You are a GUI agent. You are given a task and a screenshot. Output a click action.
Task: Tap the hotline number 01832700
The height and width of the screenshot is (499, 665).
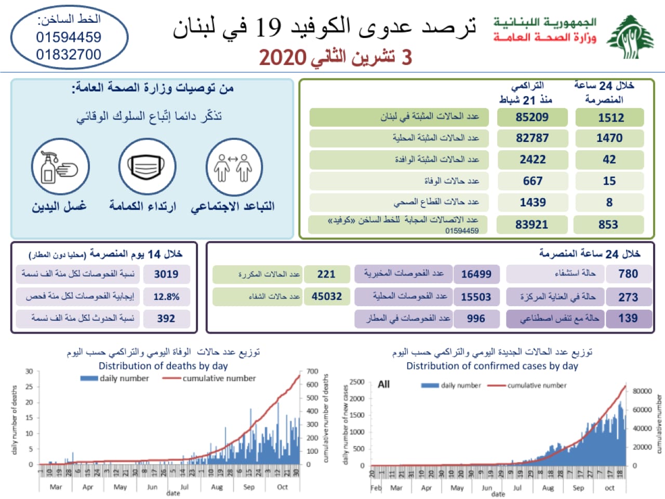[69, 54]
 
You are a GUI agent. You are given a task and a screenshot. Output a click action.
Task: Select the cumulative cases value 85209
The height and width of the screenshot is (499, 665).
[532, 117]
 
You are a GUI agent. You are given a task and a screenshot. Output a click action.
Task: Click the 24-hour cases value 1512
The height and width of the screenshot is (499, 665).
[610, 117]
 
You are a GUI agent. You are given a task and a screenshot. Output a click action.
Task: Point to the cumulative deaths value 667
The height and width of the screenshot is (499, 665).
[533, 181]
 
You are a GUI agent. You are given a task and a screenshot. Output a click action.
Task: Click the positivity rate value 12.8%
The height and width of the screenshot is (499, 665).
[166, 297]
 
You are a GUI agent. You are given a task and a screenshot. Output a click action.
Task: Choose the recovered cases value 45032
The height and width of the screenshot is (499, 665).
[326, 296]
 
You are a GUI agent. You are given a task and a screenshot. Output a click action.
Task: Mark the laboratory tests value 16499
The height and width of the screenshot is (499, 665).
[476, 274]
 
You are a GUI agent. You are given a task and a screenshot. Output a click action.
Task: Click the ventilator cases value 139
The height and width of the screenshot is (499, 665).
[628, 318]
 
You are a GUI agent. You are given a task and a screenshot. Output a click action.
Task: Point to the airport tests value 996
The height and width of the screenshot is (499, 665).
[475, 319]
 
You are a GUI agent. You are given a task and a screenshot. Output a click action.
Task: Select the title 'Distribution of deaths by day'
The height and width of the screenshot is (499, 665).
[163, 365]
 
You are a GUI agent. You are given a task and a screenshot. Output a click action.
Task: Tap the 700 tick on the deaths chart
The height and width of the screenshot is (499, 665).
[312, 371]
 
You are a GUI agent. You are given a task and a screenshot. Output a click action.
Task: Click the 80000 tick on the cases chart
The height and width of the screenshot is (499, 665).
[642, 391]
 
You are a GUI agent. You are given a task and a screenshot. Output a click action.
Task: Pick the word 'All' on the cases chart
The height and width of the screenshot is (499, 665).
[384, 384]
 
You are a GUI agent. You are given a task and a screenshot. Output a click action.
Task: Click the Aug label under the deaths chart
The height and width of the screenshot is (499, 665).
[217, 487]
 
